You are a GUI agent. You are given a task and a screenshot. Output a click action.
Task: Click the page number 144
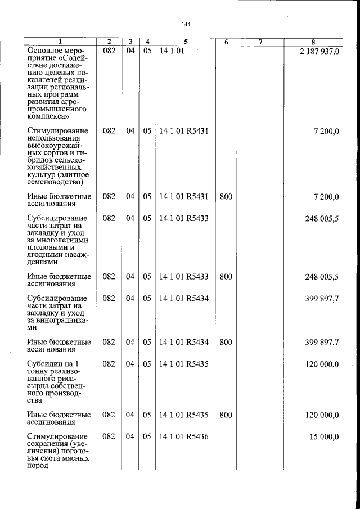pos(187,24)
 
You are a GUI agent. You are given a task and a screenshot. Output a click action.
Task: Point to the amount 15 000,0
pos(322,436)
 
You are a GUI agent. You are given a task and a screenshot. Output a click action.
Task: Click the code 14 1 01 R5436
pos(184,436)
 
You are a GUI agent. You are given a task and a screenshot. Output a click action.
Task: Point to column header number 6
pos(226,42)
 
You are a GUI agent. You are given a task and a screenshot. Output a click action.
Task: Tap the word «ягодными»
pos(46,255)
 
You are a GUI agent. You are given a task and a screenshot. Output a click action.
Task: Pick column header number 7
pos(260,42)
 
